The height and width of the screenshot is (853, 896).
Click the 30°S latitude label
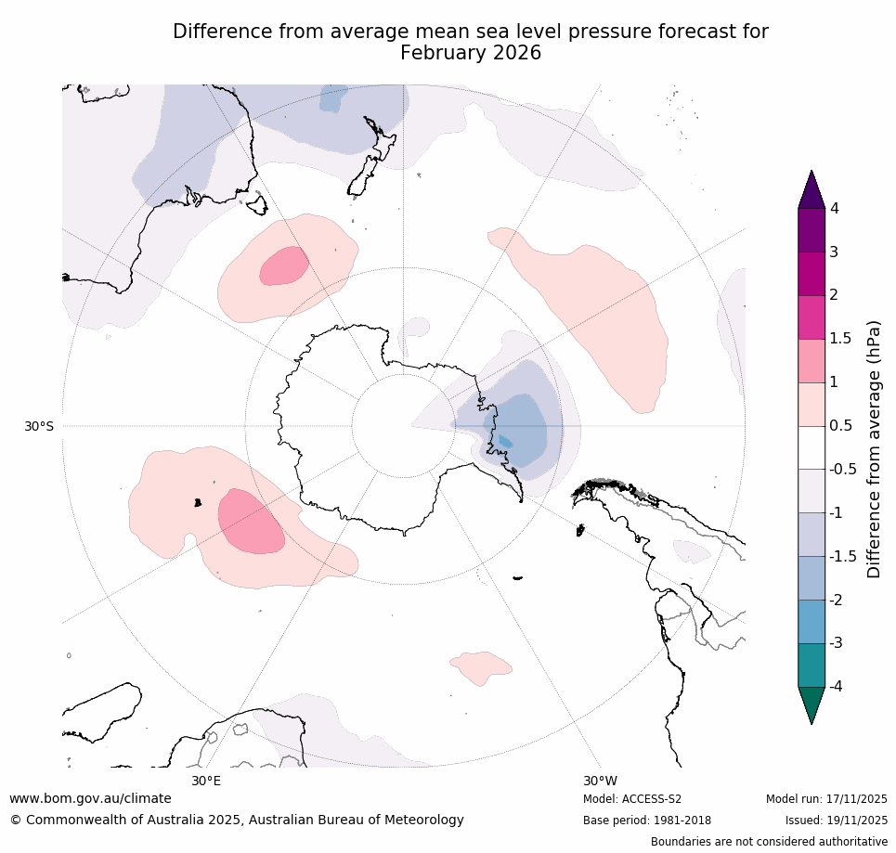pos(39,426)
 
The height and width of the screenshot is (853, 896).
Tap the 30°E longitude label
pos(206,781)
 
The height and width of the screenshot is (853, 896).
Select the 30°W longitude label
pos(600,781)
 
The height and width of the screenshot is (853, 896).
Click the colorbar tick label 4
pos(834,209)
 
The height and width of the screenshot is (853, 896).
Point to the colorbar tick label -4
pos(837,687)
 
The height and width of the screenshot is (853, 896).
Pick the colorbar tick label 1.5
pos(839,339)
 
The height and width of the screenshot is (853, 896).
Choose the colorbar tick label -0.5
pos(841,470)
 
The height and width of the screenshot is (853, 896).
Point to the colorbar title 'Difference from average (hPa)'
pos(874,449)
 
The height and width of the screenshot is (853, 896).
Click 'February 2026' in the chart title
pos(471,53)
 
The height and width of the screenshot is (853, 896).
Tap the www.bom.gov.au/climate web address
pos(90,798)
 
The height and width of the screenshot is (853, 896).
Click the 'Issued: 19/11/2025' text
pos(836,821)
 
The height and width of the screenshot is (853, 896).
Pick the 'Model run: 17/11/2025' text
pos(826,799)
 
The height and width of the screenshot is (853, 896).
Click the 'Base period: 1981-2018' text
pos(647,821)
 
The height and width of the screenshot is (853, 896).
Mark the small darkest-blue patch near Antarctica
pos(505,441)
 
